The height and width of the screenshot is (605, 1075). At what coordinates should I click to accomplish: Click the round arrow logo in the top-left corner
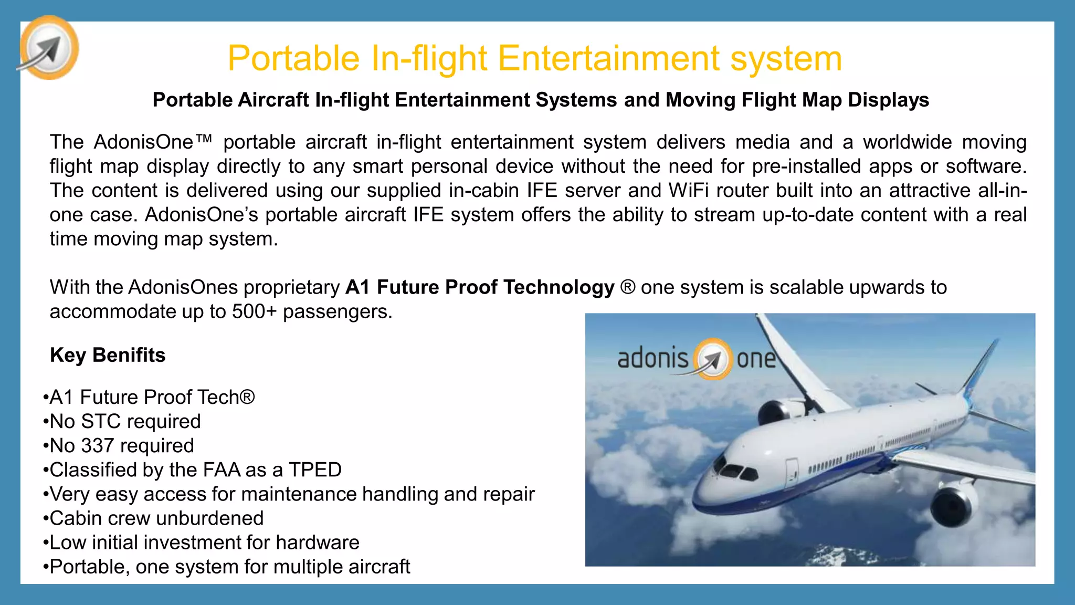pos(49,48)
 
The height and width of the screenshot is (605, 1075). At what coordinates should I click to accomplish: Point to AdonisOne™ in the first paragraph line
pos(153,142)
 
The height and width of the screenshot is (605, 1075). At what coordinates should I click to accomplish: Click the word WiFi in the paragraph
pos(688,191)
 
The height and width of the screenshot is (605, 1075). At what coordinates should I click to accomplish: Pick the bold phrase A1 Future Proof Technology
pos(480,287)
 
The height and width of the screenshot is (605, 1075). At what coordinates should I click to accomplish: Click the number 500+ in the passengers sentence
pos(254,311)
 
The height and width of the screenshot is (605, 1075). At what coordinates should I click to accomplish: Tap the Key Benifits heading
pos(108,355)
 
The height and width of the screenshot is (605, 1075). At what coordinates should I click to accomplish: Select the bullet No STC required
pos(125,421)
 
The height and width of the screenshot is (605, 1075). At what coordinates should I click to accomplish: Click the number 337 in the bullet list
pos(97,445)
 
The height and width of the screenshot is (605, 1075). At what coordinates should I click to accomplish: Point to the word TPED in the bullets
pos(315,470)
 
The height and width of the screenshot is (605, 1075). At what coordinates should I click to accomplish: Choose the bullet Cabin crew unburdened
pos(156,518)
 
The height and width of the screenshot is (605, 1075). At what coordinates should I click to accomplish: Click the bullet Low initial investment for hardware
pos(204,542)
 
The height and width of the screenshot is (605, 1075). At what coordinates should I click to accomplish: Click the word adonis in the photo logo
pos(652,359)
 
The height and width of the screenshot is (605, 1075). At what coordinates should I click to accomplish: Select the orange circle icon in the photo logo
pos(712,359)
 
